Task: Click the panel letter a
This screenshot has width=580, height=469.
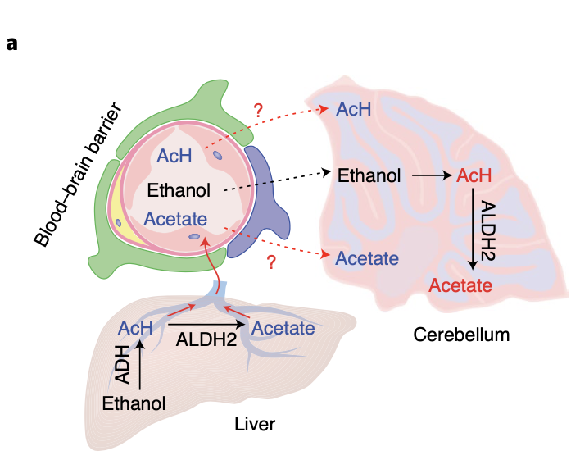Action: coord(11,43)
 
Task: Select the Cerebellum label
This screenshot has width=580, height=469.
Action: coord(461,335)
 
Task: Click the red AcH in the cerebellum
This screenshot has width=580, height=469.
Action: coord(474,175)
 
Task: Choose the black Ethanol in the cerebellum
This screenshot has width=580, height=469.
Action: coord(369,175)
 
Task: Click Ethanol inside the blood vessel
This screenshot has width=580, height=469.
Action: coord(179,190)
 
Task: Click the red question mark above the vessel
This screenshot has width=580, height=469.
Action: coord(259,109)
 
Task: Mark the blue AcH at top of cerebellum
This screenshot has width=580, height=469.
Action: coord(354,110)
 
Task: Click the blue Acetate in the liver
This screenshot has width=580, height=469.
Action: coord(283,328)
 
